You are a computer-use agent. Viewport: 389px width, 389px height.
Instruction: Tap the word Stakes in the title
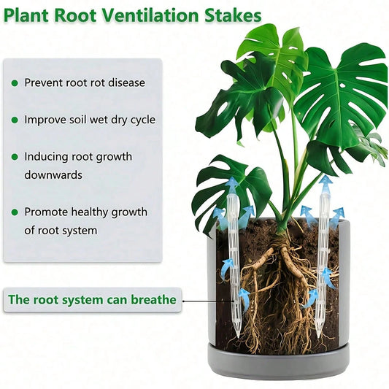click(233, 15)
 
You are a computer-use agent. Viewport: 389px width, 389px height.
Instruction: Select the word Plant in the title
click(26, 16)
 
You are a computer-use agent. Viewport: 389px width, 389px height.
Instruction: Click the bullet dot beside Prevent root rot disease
click(15, 83)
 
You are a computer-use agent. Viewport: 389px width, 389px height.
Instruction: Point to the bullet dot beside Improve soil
click(15, 120)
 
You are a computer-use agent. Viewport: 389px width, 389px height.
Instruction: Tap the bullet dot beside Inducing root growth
click(15, 157)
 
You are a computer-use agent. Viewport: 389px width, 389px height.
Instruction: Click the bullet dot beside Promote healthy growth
click(15, 212)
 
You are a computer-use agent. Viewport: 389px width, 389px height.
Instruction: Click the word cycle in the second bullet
click(142, 120)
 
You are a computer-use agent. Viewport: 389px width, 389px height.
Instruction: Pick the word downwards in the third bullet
click(53, 175)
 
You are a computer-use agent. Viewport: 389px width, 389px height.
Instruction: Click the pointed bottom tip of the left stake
click(238, 337)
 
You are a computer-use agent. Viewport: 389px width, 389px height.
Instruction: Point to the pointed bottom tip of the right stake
click(319, 337)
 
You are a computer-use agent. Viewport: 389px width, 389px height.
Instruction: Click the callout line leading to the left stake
click(209, 301)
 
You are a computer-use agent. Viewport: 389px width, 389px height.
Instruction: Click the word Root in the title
click(74, 16)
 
